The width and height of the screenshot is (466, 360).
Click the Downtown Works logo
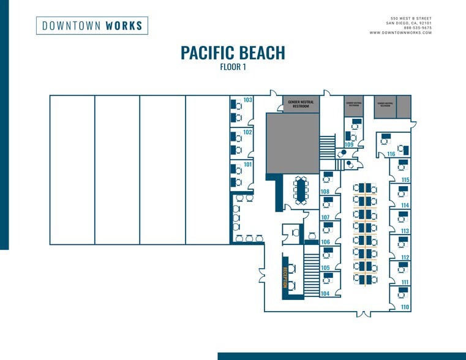[92, 26]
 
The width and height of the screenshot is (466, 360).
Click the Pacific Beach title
[233, 53]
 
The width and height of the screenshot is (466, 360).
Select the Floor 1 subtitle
[233, 67]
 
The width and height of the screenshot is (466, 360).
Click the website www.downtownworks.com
[400, 32]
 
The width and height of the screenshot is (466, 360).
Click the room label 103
[248, 100]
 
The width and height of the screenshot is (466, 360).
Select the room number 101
[248, 164]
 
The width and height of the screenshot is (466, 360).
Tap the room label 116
[391, 154]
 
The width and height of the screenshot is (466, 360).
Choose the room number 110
[405, 307]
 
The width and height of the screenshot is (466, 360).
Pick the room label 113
[405, 231]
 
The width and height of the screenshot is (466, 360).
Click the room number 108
[325, 192]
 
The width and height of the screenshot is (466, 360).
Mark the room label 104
[325, 294]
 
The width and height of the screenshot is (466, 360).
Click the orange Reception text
[285, 277]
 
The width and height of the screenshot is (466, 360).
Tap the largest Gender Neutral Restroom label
[301, 104]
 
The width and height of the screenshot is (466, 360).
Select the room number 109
[348, 144]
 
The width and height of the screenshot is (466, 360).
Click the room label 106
[325, 242]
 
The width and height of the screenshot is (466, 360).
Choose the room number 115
[405, 180]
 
